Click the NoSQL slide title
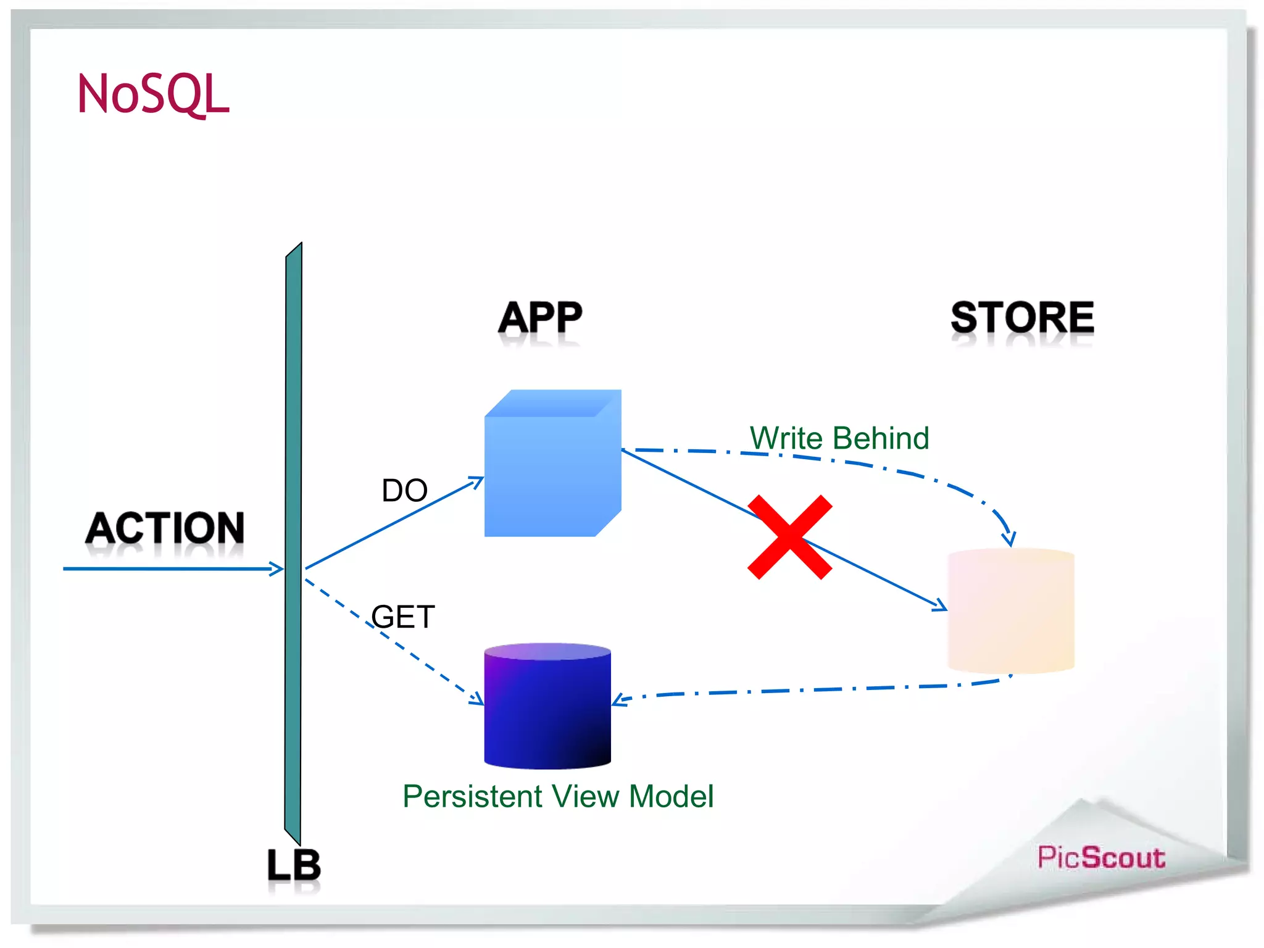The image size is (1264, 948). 153,94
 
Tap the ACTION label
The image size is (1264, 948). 165,528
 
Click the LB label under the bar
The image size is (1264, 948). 294,865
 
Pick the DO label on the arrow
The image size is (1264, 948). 404,491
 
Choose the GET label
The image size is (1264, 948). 403,617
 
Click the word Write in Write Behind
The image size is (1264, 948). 786,438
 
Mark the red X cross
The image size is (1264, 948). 790,537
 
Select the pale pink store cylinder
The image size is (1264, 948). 1011,611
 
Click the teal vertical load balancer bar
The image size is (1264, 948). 293,543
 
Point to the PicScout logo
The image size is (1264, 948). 1101,858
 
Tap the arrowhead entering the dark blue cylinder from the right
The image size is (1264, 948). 619,700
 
